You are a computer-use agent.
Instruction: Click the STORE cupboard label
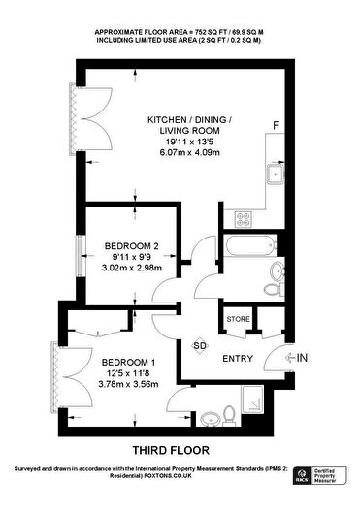238,319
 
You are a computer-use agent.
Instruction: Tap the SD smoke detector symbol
200,346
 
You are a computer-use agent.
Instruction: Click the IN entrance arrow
297,358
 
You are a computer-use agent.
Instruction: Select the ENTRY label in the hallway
238,359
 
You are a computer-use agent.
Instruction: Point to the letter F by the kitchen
276,125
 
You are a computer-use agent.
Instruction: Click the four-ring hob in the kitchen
244,219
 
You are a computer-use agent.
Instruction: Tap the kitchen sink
276,175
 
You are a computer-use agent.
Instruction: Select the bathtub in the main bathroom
249,245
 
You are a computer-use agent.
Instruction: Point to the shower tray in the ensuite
252,399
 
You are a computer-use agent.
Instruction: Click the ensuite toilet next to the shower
229,416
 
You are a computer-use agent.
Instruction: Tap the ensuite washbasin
209,419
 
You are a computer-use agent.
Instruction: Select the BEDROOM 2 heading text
132,246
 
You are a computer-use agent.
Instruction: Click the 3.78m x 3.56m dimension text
128,384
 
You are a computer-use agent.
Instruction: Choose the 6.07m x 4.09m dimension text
190,152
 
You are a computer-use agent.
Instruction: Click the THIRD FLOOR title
171,450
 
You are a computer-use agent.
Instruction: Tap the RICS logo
302,476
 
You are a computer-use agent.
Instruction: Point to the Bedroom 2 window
79,256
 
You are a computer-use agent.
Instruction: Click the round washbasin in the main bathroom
278,270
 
